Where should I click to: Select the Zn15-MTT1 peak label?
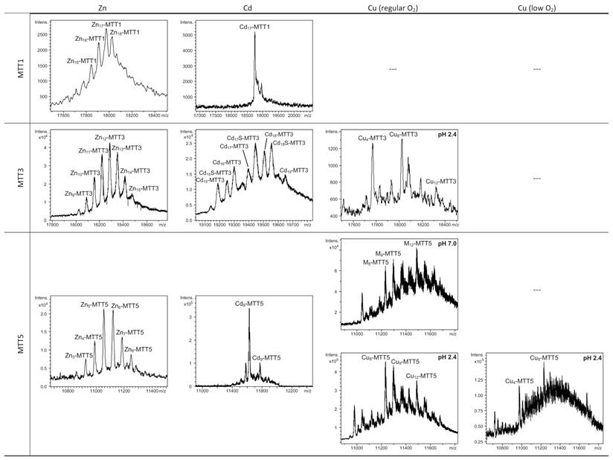click(82, 61)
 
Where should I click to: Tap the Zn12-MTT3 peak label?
click(111, 137)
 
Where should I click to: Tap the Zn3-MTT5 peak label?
click(79, 355)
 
